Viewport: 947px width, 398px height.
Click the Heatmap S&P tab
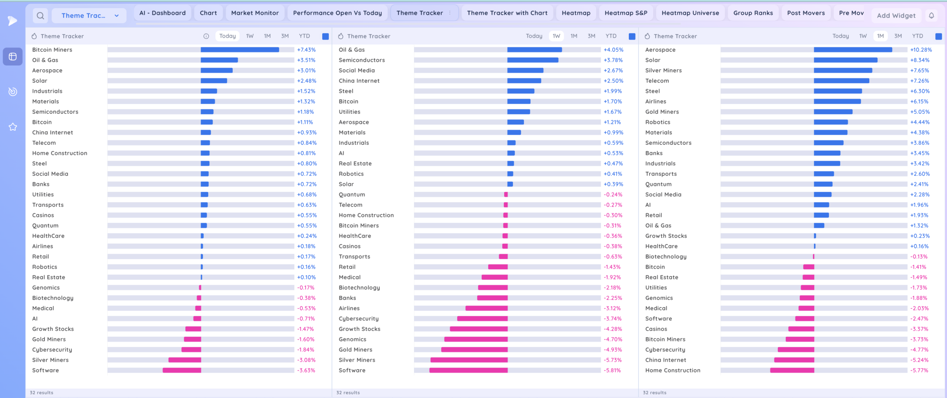pyautogui.click(x=626, y=13)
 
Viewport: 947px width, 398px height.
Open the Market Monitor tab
pyautogui.click(x=255, y=13)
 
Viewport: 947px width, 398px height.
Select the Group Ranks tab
pyautogui.click(x=753, y=13)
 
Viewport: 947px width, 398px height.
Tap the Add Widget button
pyautogui.click(x=896, y=16)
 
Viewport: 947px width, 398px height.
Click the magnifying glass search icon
pyautogui.click(x=40, y=16)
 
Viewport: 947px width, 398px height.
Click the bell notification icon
pyautogui.click(x=931, y=16)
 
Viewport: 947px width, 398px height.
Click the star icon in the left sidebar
pyautogui.click(x=13, y=127)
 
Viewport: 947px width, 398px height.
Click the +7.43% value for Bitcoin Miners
pyautogui.click(x=306, y=50)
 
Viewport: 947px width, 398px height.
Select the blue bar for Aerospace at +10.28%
pyautogui.click(x=853, y=50)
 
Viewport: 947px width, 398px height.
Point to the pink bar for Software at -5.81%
pyautogui.click(x=468, y=370)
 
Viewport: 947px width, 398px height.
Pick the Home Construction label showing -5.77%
pyautogui.click(x=673, y=370)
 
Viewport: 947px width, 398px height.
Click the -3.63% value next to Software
pyautogui.click(x=306, y=370)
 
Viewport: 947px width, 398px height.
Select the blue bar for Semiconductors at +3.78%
pyautogui.click(x=533, y=60)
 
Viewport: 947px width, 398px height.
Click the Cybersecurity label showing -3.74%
pyautogui.click(x=358, y=318)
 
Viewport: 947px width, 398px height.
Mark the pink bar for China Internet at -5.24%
pyautogui.click(x=794, y=360)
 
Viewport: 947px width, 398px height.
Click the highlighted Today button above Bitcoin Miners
pyautogui.click(x=228, y=36)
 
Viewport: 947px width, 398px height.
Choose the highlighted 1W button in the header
pyautogui.click(x=556, y=36)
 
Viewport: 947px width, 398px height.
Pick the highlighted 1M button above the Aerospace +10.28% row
pyautogui.click(x=880, y=36)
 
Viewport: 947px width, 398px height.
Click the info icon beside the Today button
pyautogui.click(x=206, y=36)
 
